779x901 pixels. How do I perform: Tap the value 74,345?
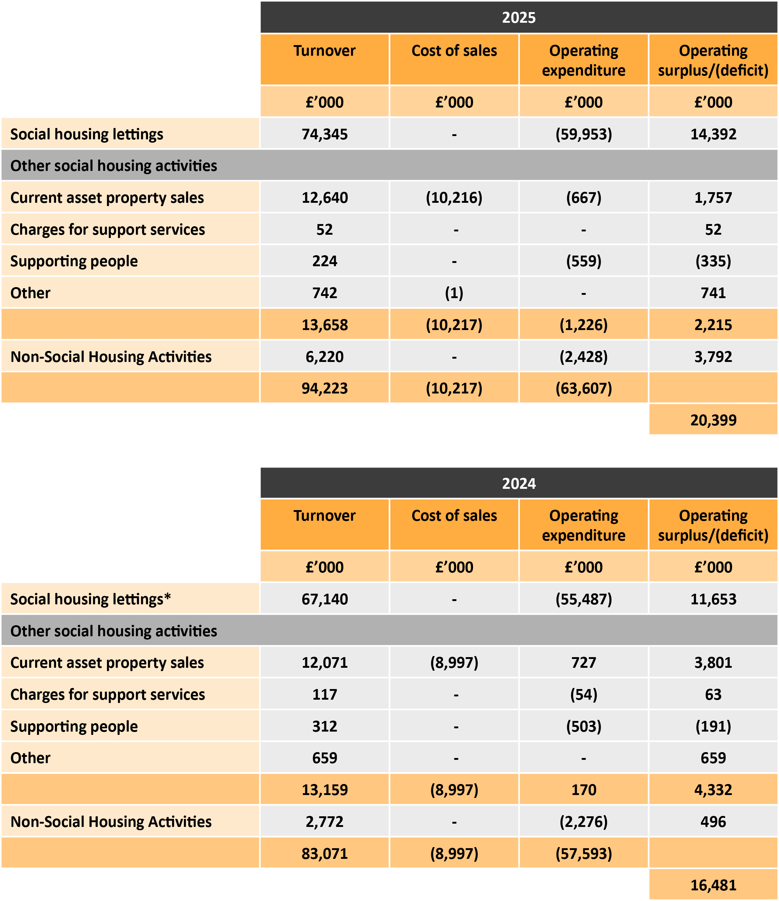click(x=325, y=134)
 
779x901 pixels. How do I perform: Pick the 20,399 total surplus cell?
click(x=713, y=420)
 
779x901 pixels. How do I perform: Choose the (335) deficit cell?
click(x=713, y=261)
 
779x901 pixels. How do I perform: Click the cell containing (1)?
click(x=454, y=293)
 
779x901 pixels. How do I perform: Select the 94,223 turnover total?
click(x=325, y=388)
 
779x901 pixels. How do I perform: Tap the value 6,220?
click(x=325, y=357)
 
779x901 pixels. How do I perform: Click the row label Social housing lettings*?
click(x=91, y=599)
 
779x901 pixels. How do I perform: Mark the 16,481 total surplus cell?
click(x=713, y=885)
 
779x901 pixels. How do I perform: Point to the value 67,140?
click(x=325, y=599)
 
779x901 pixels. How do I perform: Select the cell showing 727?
click(x=583, y=663)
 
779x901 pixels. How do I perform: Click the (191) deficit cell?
click(x=713, y=726)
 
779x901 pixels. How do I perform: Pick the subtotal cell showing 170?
click(x=583, y=790)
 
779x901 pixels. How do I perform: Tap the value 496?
click(x=713, y=821)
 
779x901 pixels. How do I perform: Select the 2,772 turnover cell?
click(x=325, y=821)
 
